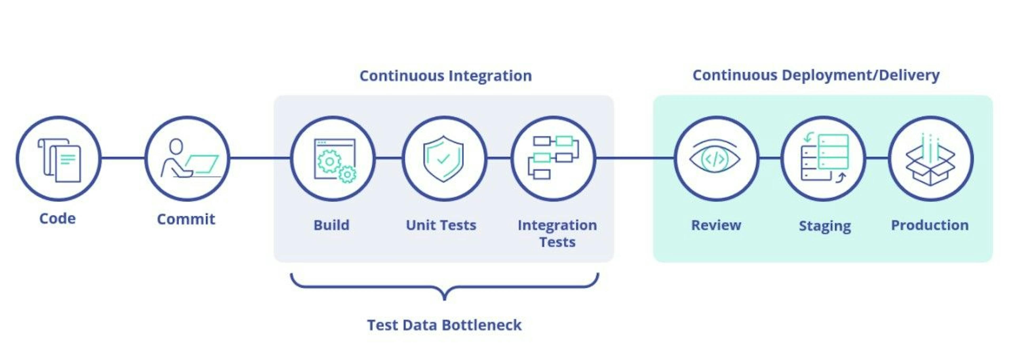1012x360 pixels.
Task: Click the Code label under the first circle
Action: click(x=57, y=218)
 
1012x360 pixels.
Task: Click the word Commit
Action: click(x=186, y=219)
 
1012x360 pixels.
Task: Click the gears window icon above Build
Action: click(x=334, y=160)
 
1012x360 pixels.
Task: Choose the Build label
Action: click(x=331, y=225)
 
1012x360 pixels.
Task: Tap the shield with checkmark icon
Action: click(x=443, y=158)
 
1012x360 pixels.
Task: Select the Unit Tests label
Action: click(x=441, y=225)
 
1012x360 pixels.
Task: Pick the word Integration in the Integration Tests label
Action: click(x=557, y=225)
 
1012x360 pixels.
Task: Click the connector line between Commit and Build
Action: click(x=260, y=158)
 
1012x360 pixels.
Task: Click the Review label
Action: click(x=716, y=225)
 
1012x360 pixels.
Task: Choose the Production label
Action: click(x=930, y=225)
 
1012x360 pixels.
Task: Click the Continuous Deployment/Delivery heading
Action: click(x=816, y=75)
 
